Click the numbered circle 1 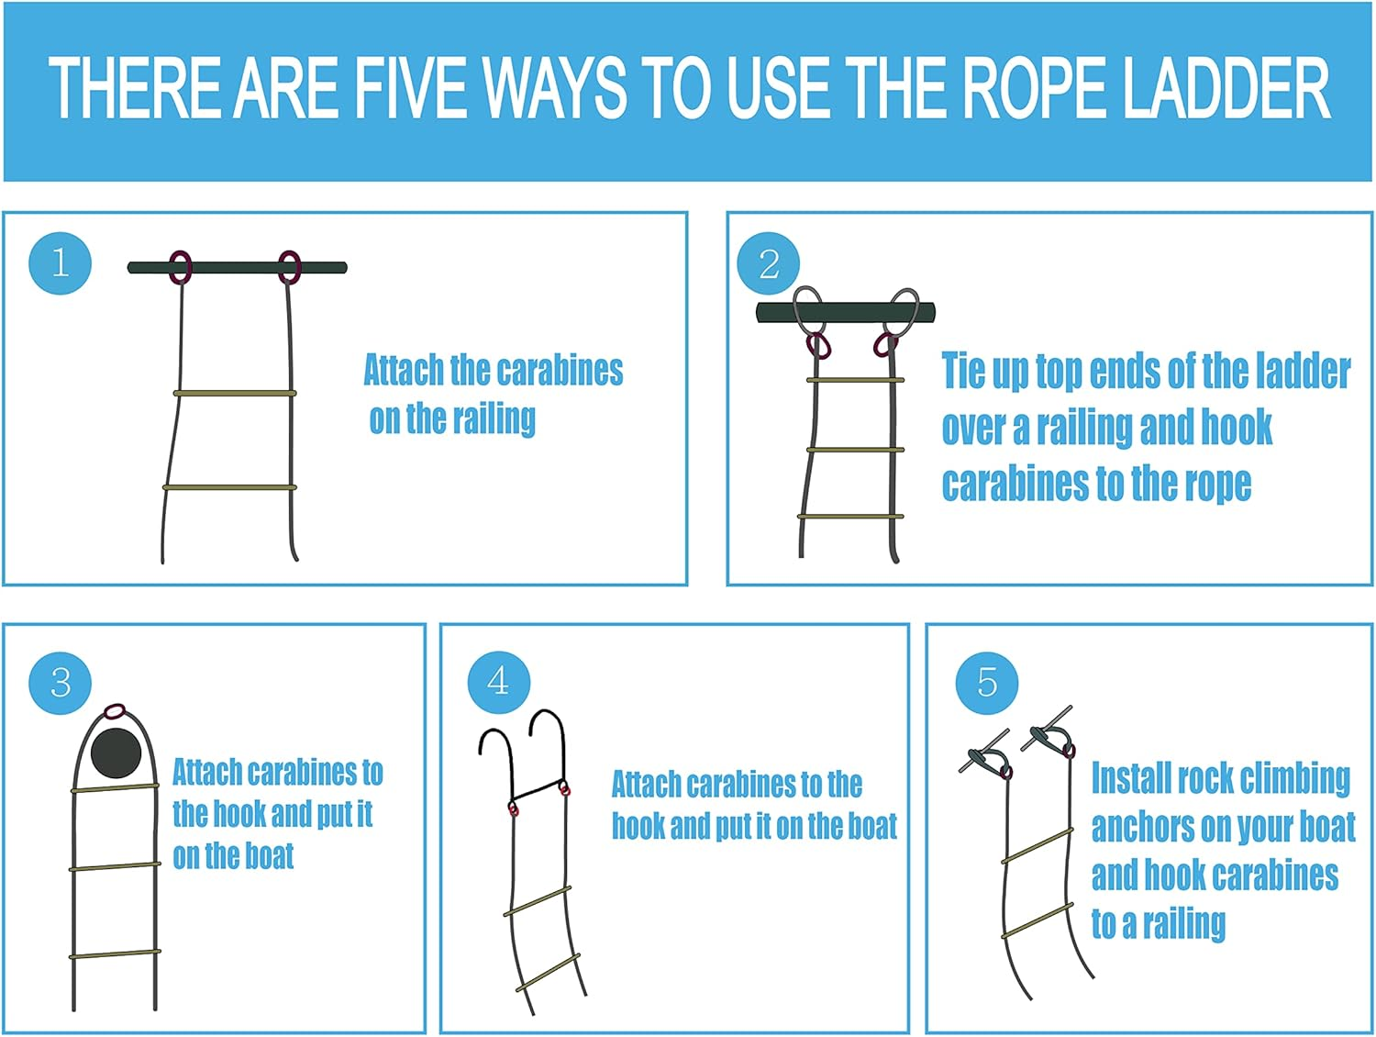click(61, 263)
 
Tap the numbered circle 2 click(769, 264)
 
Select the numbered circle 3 click(61, 683)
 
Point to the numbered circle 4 click(498, 681)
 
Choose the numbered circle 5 click(986, 683)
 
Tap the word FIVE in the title click(413, 89)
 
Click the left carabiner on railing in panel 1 click(181, 267)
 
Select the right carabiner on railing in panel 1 click(289, 267)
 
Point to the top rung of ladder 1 click(235, 393)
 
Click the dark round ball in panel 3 click(117, 753)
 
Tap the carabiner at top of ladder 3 click(115, 711)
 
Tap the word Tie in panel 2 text click(963, 371)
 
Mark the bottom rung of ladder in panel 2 click(850, 517)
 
